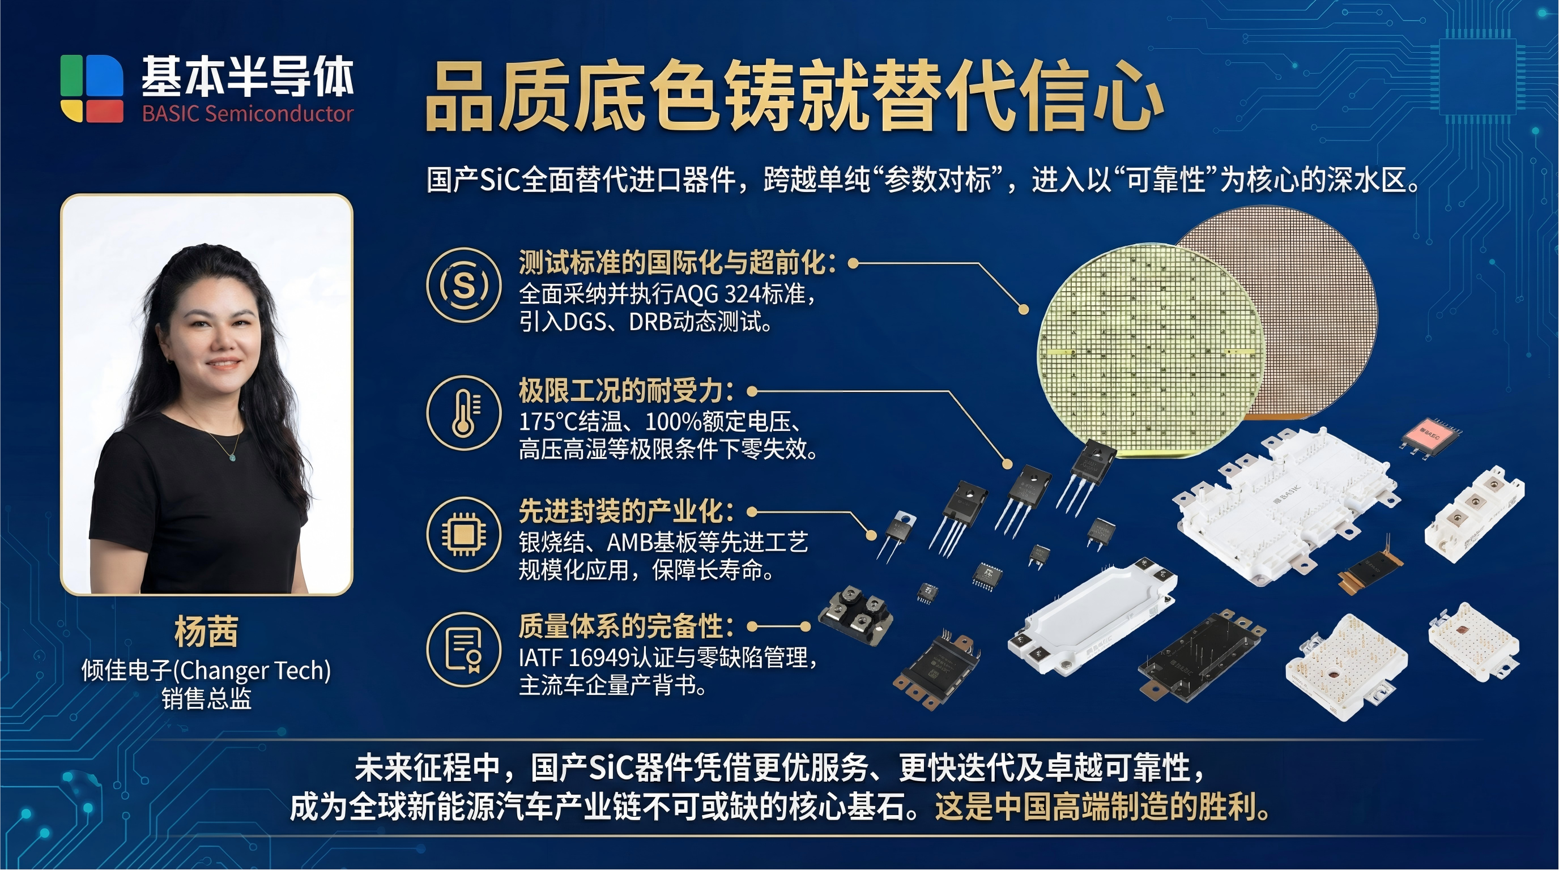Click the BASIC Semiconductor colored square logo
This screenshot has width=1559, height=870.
92,88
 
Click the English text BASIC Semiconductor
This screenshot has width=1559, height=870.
248,114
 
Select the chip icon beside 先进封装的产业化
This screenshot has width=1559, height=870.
463,534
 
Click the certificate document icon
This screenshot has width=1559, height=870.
463,649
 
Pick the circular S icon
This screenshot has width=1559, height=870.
463,284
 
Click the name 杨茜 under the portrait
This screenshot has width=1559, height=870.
206,632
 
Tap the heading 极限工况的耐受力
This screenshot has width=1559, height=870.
626,391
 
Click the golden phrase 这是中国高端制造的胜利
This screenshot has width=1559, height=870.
1101,807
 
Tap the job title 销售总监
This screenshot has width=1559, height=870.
206,699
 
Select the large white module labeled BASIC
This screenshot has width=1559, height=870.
1283,505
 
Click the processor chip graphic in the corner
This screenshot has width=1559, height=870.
1477,76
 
